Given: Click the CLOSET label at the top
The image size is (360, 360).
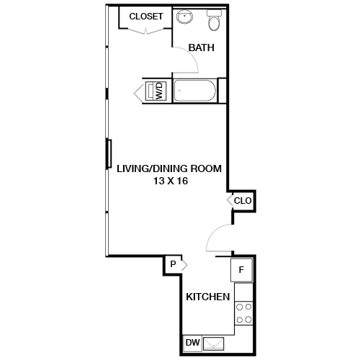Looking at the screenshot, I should click(146, 16).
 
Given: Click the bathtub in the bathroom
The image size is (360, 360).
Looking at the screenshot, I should click(195, 91).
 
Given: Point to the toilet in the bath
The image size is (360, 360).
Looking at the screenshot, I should click(214, 22).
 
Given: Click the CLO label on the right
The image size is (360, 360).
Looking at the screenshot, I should click(243, 201).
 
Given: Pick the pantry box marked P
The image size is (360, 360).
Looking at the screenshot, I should click(173, 265).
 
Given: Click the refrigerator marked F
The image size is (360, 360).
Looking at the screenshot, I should click(241, 270).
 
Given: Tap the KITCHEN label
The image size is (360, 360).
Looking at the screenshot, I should click(208, 297).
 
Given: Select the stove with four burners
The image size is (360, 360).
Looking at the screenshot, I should click(244, 312).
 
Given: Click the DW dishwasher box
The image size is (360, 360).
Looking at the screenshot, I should click(192, 343).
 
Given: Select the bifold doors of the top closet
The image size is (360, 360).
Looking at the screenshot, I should click(147, 30).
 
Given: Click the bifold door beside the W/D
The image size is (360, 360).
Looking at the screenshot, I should click(140, 91).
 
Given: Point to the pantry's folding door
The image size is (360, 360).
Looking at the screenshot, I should click(185, 265).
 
